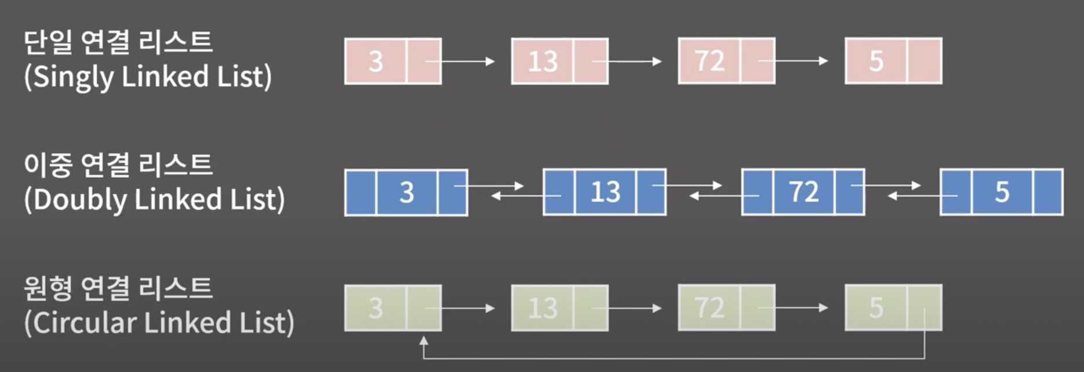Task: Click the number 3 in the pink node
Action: [x=376, y=61]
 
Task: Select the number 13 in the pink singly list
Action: [x=543, y=61]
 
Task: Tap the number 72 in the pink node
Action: [x=710, y=61]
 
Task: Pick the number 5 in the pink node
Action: [x=876, y=61]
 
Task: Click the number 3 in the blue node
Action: [x=406, y=192]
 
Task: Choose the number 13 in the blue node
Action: [x=605, y=192]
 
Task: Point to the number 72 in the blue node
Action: [x=803, y=192]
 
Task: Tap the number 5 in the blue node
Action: [x=1002, y=192]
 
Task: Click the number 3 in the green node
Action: [x=376, y=308]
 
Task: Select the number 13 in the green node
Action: [x=543, y=308]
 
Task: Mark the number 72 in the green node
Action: [x=710, y=308]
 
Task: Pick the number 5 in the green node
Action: [x=876, y=308]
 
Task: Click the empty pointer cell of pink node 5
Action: [x=925, y=61]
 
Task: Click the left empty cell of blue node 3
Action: [x=361, y=192]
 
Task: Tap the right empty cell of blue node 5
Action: [x=1048, y=192]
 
